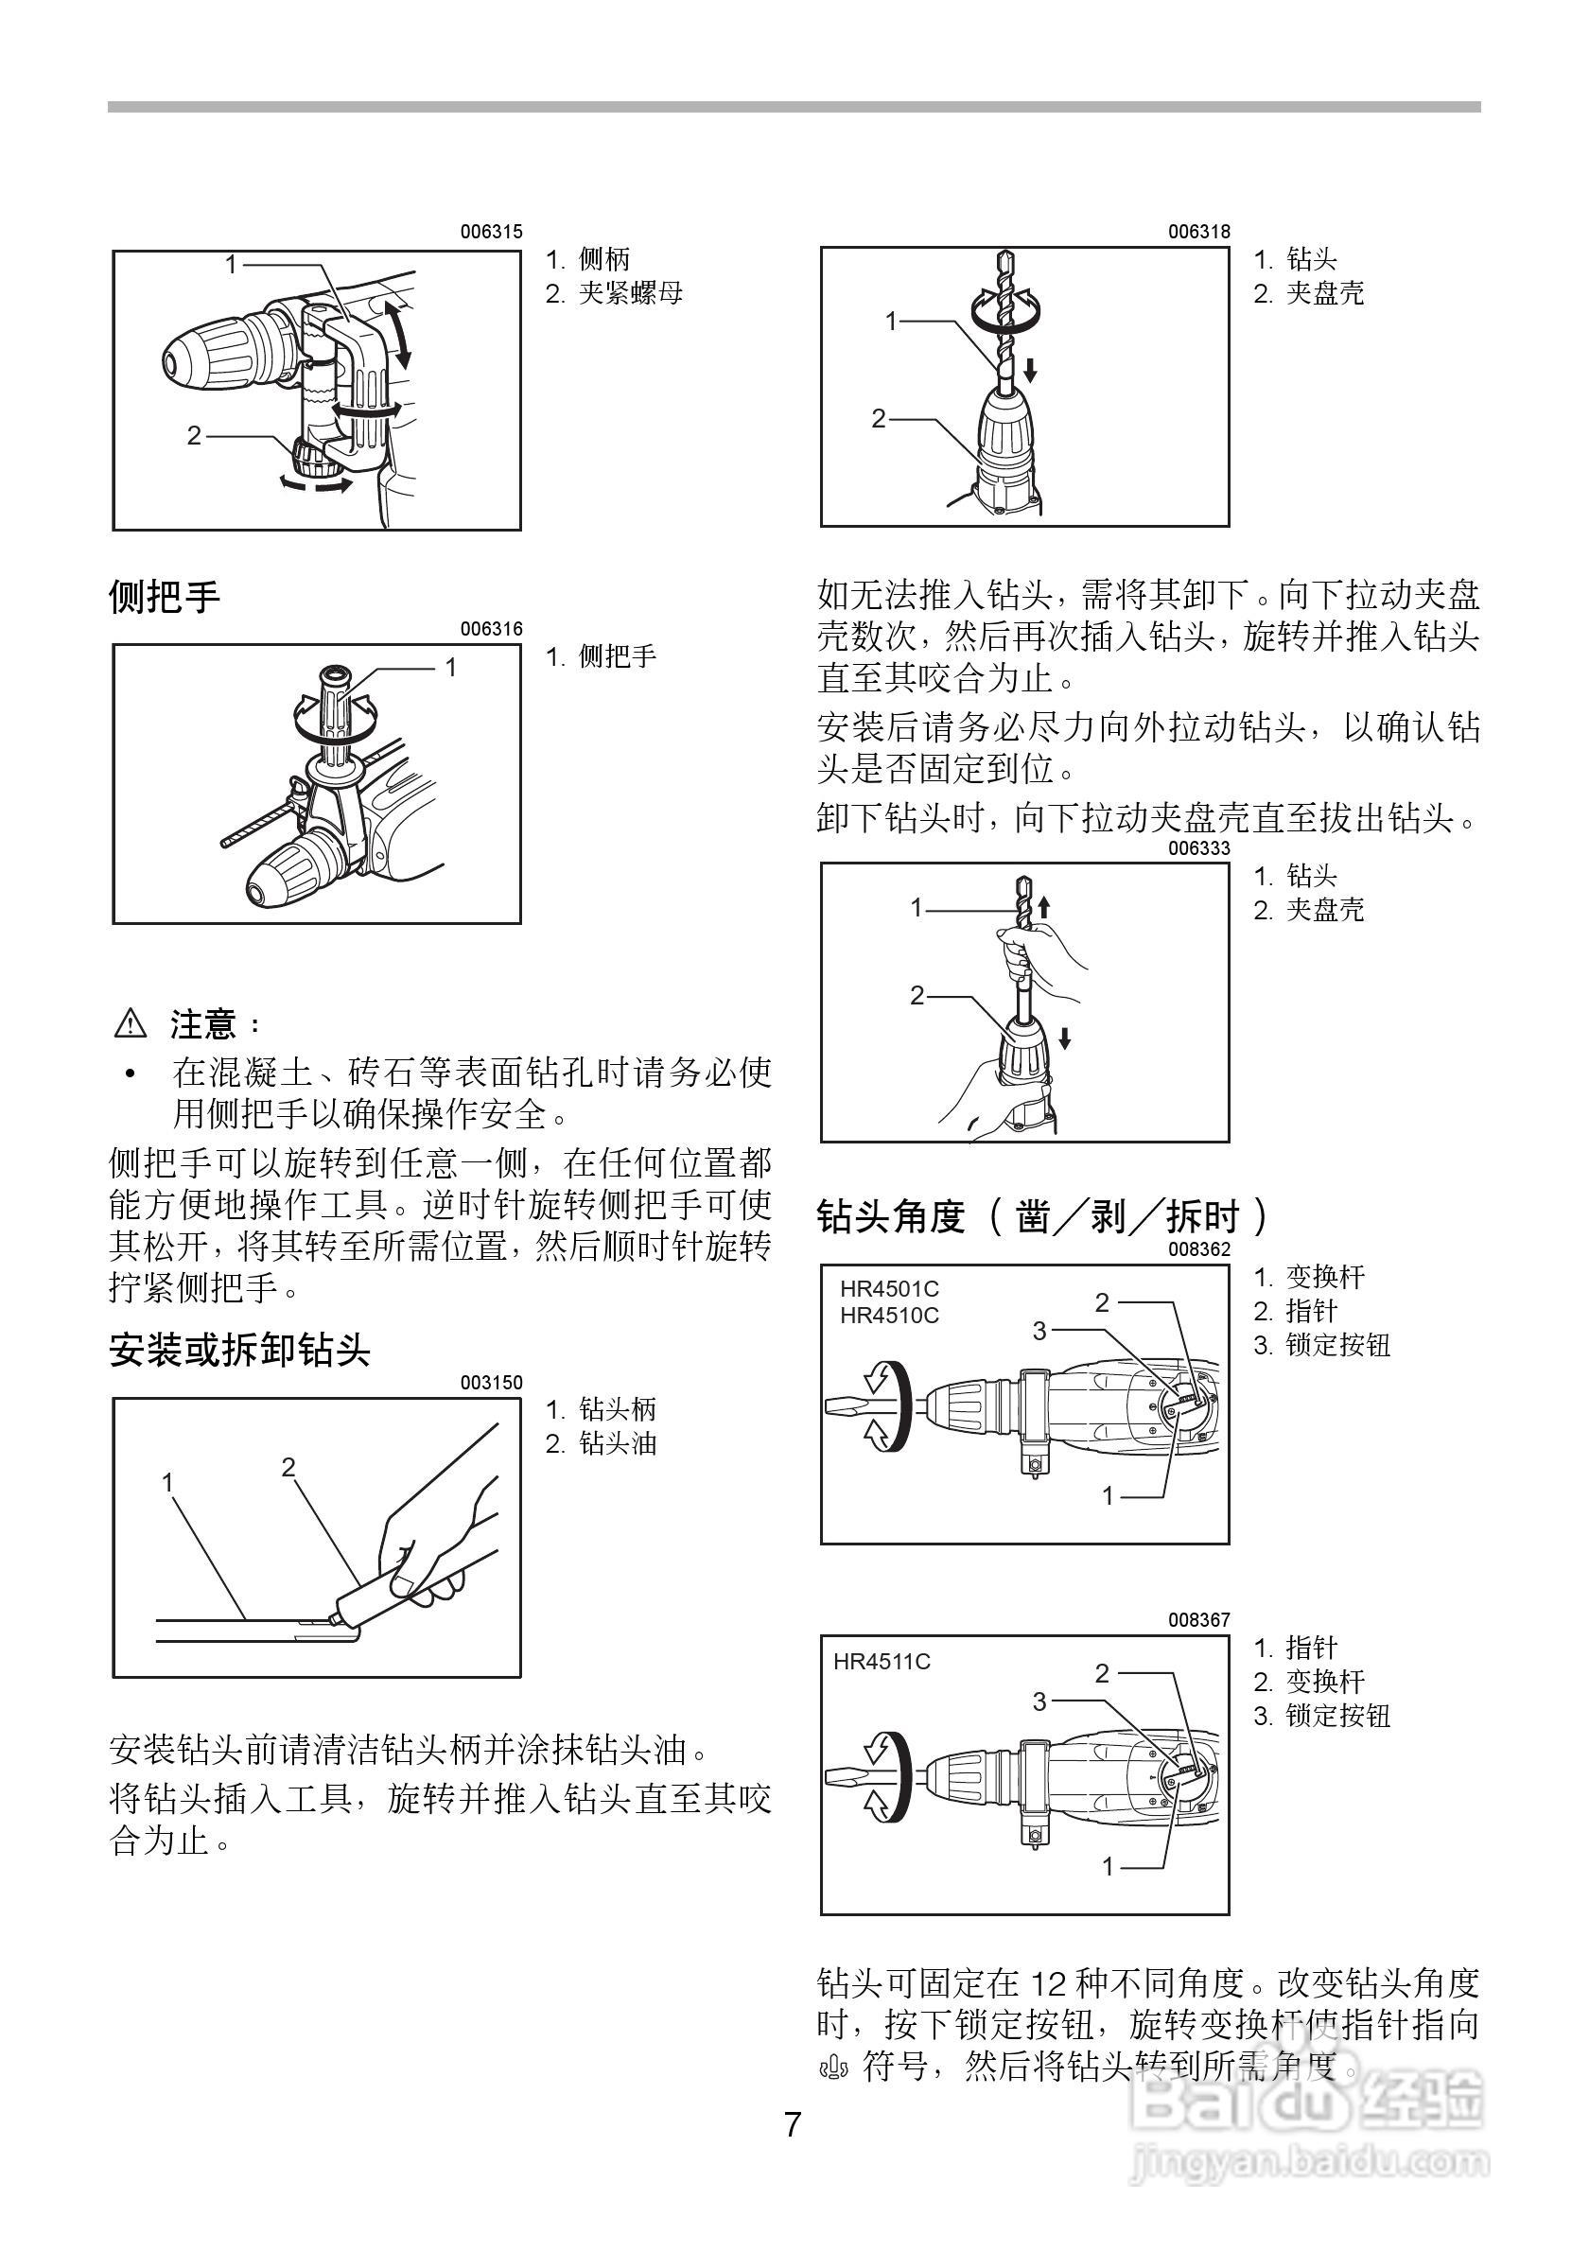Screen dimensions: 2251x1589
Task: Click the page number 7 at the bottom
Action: pyautogui.click(x=792, y=2125)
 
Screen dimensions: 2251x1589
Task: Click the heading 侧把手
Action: pyautogui.click(x=165, y=596)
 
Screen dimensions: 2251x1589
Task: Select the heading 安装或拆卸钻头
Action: pyautogui.click(x=239, y=1350)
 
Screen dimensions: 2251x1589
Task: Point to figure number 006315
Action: pyautogui.click(x=491, y=233)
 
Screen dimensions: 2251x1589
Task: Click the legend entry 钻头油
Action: pyautogui.click(x=616, y=1443)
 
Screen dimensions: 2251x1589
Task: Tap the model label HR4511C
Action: pyautogui.click(x=882, y=1661)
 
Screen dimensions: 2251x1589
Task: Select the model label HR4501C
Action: pyautogui.click(x=888, y=1289)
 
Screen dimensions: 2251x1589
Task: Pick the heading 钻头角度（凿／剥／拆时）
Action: pyautogui.click(x=1043, y=1216)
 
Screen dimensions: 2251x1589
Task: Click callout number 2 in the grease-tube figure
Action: pyautogui.click(x=288, y=1467)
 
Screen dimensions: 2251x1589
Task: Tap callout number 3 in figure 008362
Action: pyautogui.click(x=1040, y=1331)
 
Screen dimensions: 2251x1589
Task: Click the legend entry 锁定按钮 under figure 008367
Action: pyautogui.click(x=1337, y=1716)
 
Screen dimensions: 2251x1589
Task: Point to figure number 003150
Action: pyautogui.click(x=491, y=1383)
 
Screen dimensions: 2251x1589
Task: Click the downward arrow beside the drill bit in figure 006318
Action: pyautogui.click(x=1030, y=370)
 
